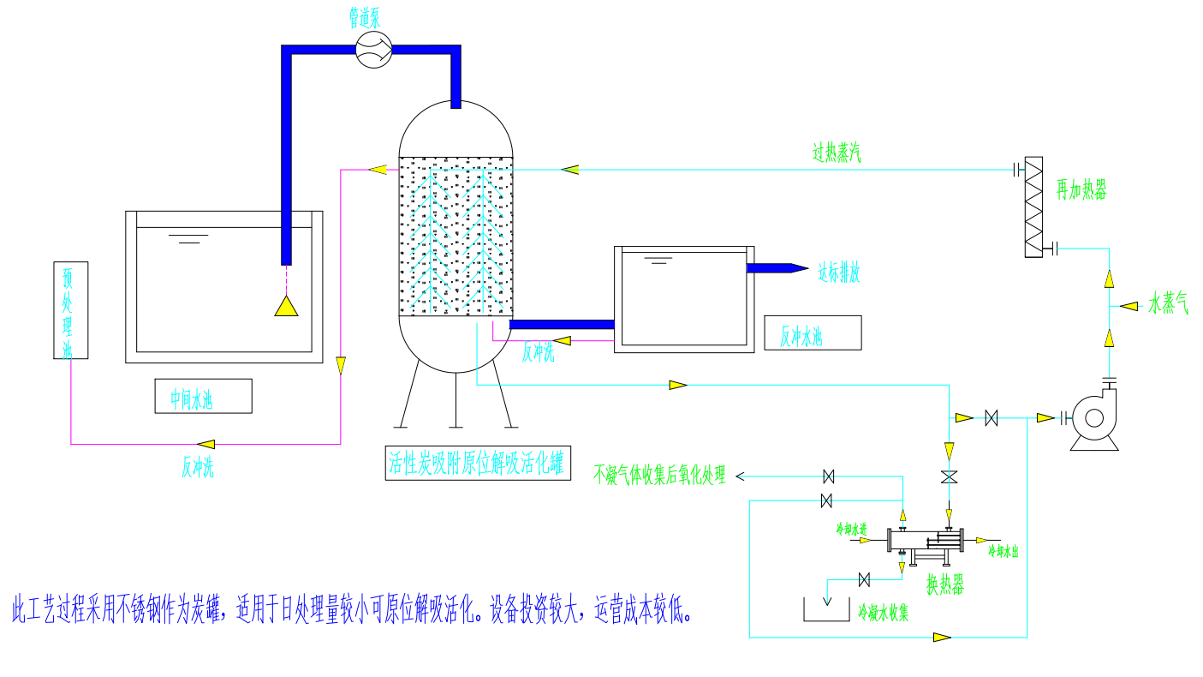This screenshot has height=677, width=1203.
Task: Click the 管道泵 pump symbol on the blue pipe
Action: [373, 51]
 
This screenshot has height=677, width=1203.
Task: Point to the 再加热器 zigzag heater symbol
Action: [1034, 207]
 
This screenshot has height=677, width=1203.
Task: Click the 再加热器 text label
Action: [1081, 190]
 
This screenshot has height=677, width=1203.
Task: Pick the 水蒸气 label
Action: [1168, 304]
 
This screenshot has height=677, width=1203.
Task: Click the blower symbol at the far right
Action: [1093, 418]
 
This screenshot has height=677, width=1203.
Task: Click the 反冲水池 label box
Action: [813, 333]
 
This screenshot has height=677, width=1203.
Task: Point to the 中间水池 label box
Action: [203, 396]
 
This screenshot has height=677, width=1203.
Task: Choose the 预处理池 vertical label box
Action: [69, 310]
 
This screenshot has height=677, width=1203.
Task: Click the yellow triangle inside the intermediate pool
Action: [286, 306]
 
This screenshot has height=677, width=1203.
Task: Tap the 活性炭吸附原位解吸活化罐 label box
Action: [478, 464]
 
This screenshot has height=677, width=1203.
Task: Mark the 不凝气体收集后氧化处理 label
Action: [659, 475]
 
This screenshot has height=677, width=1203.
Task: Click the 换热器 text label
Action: [945, 586]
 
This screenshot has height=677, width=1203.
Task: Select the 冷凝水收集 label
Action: [884, 613]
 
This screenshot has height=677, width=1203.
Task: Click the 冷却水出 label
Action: [1003, 550]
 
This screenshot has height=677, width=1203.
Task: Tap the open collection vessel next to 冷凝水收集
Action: [826, 608]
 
